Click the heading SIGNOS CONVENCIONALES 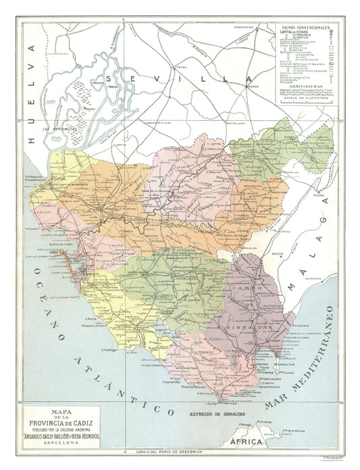pos(307,29)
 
